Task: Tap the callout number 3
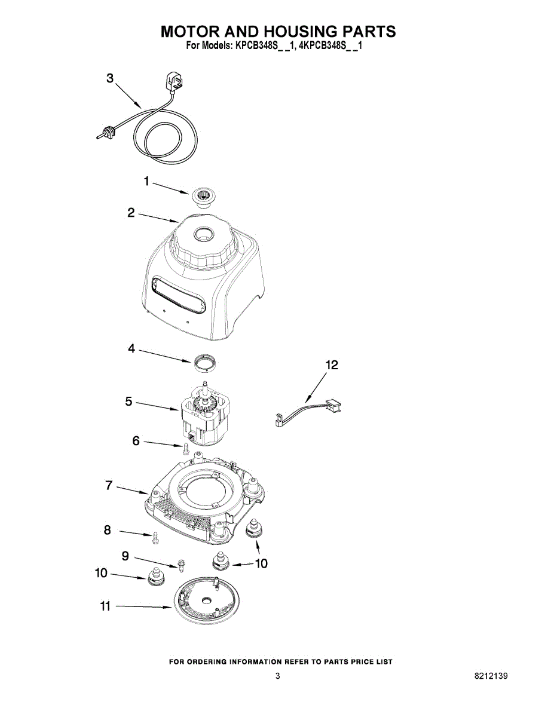pyautogui.click(x=110, y=78)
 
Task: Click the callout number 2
pyautogui.click(x=131, y=213)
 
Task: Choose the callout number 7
pyautogui.click(x=109, y=486)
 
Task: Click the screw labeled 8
pyautogui.click(x=155, y=537)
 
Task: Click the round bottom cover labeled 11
pyautogui.click(x=206, y=600)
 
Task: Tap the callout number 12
pyautogui.click(x=332, y=365)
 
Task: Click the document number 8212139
pyautogui.click(x=491, y=676)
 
